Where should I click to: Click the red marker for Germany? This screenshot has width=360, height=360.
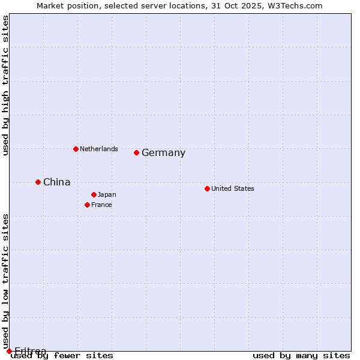click(x=136, y=152)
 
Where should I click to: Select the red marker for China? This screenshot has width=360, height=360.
click(x=38, y=182)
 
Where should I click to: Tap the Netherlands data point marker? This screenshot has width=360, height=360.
click(x=76, y=149)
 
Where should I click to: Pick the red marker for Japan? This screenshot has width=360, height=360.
click(x=94, y=194)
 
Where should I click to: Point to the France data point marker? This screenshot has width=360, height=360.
click(x=87, y=205)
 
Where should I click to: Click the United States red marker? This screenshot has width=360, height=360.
click(x=207, y=188)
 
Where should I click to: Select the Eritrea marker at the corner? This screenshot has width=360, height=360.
click(x=9, y=351)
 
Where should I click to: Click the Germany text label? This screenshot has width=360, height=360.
click(x=163, y=153)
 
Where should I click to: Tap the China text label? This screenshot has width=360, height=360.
click(x=56, y=182)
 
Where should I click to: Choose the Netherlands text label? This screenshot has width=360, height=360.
click(x=98, y=149)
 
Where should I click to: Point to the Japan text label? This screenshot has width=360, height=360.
click(x=107, y=195)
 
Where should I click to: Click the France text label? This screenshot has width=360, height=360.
click(x=101, y=205)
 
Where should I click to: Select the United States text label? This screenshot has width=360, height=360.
click(x=232, y=189)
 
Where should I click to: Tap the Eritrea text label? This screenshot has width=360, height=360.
click(x=30, y=351)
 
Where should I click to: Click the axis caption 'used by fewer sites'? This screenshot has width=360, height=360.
click(x=62, y=356)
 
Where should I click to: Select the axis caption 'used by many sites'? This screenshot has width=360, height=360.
click(x=301, y=356)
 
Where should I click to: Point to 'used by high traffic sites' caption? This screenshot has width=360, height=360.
click(x=6, y=85)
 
